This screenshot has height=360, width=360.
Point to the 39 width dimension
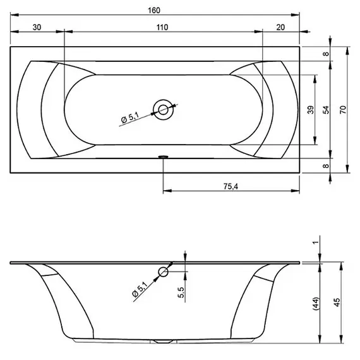pyautogui.click(x=310, y=109)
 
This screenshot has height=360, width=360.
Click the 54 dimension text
pyautogui.click(x=326, y=109)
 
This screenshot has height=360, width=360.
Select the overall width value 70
pyautogui.click(x=342, y=109)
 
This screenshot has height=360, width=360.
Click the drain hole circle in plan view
pyautogui.click(x=164, y=109)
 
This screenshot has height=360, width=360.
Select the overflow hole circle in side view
pyautogui.click(x=164, y=273)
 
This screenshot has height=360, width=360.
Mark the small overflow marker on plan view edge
pyautogui.click(x=164, y=155)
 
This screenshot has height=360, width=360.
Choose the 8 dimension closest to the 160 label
pyautogui.click(x=326, y=54)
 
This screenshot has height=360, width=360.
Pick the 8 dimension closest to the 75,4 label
pyautogui.click(x=326, y=165)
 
